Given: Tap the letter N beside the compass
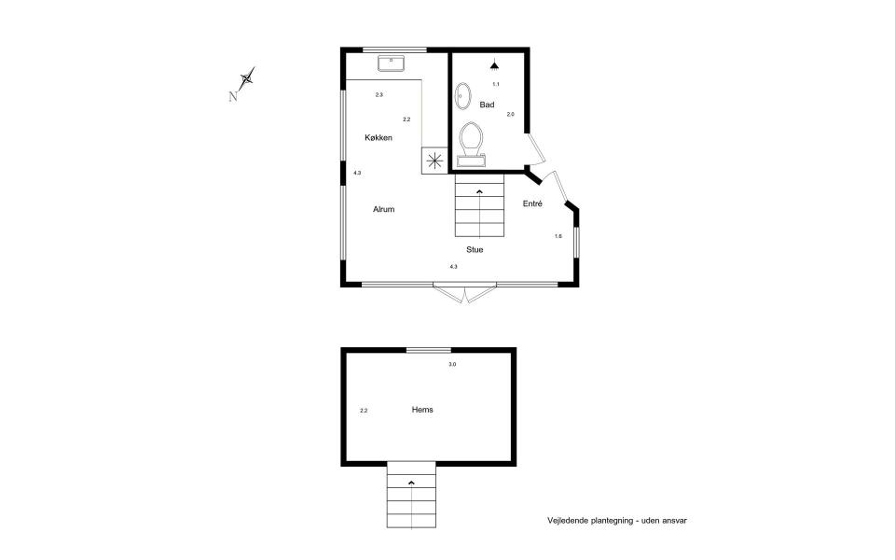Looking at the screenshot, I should pos(233,95).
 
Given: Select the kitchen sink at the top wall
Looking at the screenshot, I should pos(390,63).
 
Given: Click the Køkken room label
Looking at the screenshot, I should pos(378,138).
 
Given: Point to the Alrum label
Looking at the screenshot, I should pos(384,209).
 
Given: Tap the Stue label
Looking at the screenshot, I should pos(475,249).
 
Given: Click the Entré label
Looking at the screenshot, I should pos(532,203).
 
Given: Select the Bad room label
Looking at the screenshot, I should pos(487,105).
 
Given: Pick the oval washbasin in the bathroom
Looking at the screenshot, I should pos(463,97).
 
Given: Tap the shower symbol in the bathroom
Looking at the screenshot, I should pos(496,64).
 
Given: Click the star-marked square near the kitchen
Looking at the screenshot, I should pos(434,160).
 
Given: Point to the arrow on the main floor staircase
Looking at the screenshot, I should pos(479,191).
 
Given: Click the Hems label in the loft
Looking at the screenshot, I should pos(422,409).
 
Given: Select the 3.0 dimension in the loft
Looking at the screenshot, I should pos(452,364).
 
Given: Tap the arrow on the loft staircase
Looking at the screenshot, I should pos(411,482).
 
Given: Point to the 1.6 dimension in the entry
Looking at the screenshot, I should pos(558,236).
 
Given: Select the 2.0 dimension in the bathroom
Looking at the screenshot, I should pos(510,114).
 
